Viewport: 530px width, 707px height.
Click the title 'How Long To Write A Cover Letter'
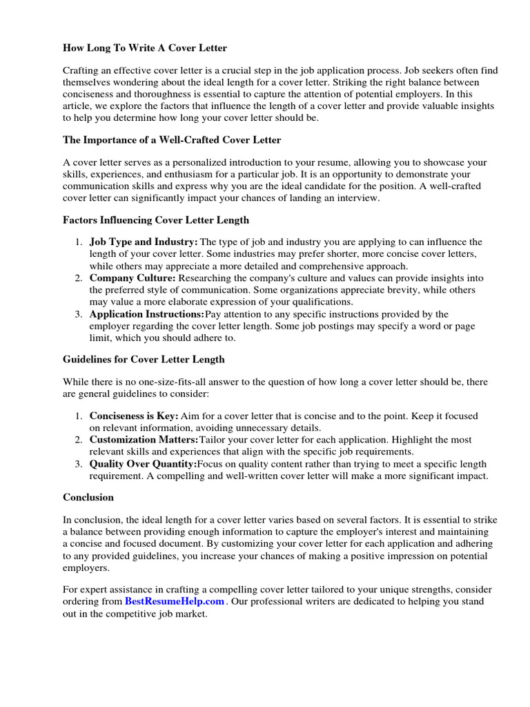coord(145,48)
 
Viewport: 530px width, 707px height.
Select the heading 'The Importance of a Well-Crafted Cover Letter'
coord(172,140)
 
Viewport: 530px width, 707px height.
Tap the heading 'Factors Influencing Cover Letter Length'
coord(156,220)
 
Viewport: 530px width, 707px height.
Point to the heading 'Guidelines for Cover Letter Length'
coord(144,360)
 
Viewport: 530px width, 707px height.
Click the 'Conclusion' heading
coord(88,497)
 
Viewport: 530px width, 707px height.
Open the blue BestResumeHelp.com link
coord(175,601)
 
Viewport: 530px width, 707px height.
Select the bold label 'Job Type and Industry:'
coord(144,242)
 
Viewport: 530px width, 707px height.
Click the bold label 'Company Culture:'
coord(132,278)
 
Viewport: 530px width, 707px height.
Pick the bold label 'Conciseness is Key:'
coord(134,416)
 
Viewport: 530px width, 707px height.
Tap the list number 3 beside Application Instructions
coord(79,314)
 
